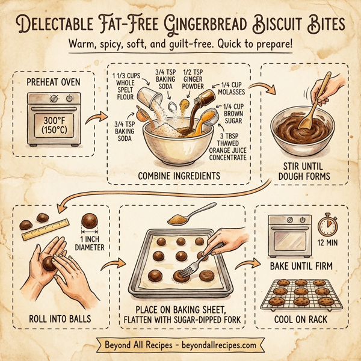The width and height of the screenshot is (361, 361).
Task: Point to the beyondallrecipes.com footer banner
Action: pyautogui.click(x=180, y=346)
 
